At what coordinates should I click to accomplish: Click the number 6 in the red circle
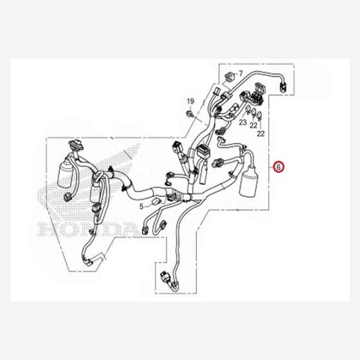pos(278,166)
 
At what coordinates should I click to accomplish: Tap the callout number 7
pos(240,73)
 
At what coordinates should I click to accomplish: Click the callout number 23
pos(242,122)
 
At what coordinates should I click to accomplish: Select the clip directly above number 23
pos(246,110)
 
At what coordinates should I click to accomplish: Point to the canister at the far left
pos(66,175)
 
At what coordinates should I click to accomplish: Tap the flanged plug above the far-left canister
pos(74,146)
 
